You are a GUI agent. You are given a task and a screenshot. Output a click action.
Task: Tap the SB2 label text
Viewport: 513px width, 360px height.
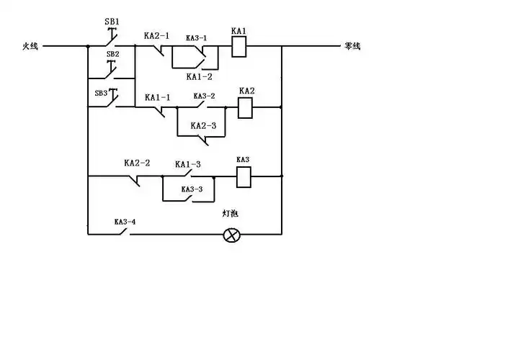(113, 54)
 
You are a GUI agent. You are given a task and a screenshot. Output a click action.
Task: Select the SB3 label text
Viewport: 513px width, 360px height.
(102, 93)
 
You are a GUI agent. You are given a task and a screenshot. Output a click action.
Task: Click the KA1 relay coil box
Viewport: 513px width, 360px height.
(239, 47)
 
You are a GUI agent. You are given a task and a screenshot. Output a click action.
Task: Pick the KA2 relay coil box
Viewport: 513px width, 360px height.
(246, 108)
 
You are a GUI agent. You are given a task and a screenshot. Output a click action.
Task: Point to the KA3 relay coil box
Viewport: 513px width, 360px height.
(244, 175)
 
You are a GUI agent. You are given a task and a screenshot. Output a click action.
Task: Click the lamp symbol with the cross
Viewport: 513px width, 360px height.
(231, 235)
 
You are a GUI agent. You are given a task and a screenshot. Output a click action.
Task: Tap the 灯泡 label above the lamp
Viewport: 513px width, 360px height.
(231, 215)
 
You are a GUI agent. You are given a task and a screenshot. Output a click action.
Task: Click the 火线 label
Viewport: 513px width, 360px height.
(30, 47)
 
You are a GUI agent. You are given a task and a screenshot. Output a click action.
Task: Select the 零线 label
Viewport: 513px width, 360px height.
(352, 47)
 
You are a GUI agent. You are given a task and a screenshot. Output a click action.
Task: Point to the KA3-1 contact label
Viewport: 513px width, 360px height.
(196, 38)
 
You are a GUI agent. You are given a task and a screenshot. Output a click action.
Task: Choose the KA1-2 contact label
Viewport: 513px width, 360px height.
(199, 76)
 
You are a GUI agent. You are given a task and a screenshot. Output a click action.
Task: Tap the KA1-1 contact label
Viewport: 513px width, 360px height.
(158, 96)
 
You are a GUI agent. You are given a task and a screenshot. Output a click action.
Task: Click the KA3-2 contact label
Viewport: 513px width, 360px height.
(204, 96)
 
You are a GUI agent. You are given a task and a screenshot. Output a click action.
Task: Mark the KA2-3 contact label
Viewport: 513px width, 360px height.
(203, 125)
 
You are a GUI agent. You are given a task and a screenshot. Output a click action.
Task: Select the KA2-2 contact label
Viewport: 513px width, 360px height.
(137, 163)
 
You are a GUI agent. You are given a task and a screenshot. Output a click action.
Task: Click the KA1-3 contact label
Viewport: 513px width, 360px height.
(187, 164)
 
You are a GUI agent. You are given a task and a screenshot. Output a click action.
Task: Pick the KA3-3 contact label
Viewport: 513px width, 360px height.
(192, 189)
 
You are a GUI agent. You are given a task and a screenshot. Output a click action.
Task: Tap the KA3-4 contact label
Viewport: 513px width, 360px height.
(125, 222)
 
